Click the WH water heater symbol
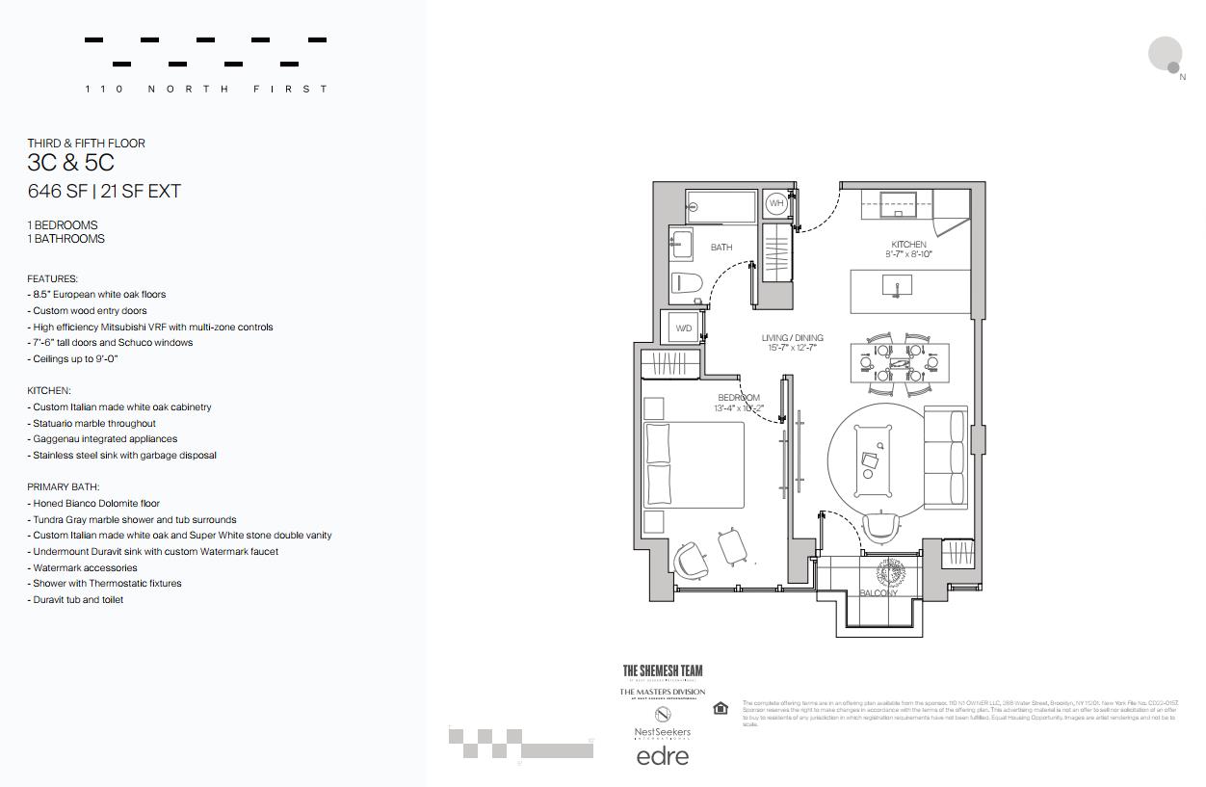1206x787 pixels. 776,204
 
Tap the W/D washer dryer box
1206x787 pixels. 683,328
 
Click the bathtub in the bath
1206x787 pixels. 721,206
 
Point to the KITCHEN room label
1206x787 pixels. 908,245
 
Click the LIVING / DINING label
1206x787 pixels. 792,338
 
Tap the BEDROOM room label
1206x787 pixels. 739,398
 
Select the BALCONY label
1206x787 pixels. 878,593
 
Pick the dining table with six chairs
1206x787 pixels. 900,363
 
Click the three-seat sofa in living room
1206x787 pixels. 944,457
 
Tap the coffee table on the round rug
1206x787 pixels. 874,459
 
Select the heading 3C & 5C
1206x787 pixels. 70,163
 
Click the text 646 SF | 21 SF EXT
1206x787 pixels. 104,192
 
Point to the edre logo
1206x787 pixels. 663,756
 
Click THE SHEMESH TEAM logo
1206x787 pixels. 663,670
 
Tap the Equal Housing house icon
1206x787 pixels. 721,709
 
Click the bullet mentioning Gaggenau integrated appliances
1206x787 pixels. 104,439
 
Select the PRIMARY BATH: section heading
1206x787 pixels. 64,487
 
